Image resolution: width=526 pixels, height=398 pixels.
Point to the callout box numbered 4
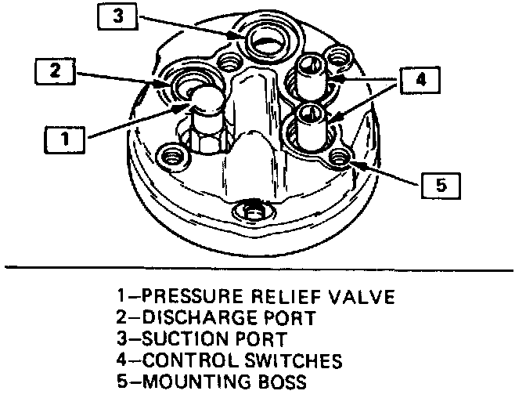(x=420, y=80)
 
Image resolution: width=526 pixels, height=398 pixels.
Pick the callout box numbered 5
(x=441, y=185)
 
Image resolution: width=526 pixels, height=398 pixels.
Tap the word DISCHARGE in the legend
(x=193, y=319)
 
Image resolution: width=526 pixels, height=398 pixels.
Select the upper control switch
(x=312, y=75)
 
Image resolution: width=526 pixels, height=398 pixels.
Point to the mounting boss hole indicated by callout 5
(x=338, y=157)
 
